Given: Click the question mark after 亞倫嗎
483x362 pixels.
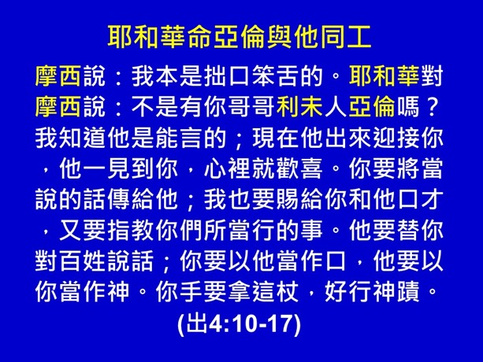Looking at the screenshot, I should pyautogui.click(x=429, y=108).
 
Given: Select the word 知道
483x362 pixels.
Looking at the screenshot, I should pyautogui.click(x=75, y=139).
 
